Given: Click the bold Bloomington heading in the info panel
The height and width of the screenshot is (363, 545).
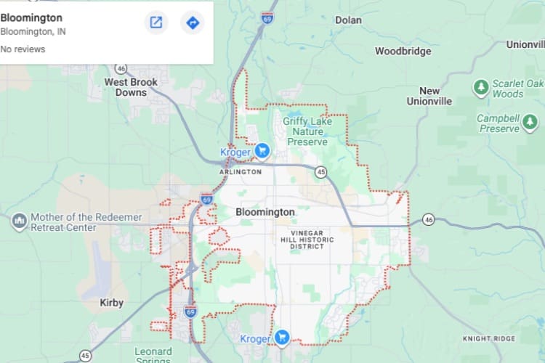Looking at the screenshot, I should point(31,17).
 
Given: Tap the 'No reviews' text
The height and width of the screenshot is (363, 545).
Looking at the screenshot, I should point(23,49).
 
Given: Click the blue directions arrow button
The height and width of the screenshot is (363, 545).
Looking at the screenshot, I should point(193,23).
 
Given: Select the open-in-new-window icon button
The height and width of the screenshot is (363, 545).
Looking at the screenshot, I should point(156,23).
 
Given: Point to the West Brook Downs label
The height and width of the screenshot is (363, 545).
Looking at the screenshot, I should point(131,87).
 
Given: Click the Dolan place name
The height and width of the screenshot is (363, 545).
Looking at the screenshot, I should point(348,20).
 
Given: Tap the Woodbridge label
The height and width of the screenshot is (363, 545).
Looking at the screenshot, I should point(403,52).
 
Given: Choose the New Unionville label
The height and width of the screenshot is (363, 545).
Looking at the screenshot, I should point(429,96).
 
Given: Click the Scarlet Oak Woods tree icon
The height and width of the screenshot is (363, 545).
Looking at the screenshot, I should point(480,88).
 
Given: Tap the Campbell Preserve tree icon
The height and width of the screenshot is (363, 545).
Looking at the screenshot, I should point(533,123).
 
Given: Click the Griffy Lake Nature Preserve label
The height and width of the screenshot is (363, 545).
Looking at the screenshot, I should point(309,131).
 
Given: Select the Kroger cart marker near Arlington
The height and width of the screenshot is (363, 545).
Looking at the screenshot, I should point(262,151).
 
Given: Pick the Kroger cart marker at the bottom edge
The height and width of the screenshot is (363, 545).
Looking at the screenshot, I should point(282,338).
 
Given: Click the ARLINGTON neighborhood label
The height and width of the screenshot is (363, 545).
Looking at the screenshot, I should point(240,172).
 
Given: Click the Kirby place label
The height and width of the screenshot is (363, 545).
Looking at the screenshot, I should point(111,303).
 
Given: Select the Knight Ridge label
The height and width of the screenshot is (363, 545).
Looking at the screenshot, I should point(491,339).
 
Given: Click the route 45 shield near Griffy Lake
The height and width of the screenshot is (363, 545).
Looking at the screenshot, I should point(320,172).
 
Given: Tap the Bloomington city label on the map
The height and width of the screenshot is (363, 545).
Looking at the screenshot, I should point(265,212).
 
